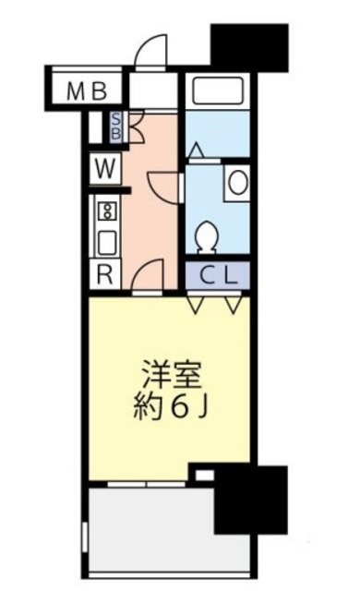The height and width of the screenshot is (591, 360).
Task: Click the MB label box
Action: point(88,90)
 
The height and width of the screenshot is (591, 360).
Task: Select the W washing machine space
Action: point(104,170)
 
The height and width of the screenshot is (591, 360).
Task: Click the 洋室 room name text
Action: point(172,378)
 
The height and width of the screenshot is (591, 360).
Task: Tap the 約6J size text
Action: point(172,408)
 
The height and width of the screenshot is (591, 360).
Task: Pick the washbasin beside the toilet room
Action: point(237,180)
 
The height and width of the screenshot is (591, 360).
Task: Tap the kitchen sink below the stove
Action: point(105,243)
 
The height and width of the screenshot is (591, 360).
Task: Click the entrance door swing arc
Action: point(150,54)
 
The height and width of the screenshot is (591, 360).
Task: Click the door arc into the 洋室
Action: point(150,275)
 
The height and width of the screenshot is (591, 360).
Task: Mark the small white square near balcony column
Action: point(205,475)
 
